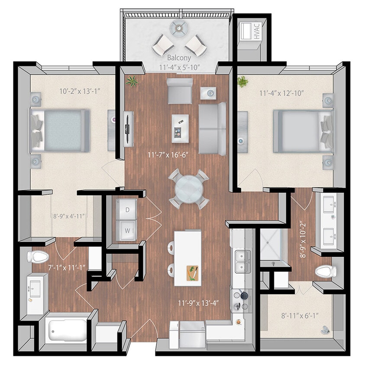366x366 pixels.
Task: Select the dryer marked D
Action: point(127,209)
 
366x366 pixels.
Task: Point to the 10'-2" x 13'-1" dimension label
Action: point(79,91)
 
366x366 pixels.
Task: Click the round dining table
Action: point(188,189)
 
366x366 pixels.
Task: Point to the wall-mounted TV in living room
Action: point(128,129)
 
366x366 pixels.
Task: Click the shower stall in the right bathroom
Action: point(273,246)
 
